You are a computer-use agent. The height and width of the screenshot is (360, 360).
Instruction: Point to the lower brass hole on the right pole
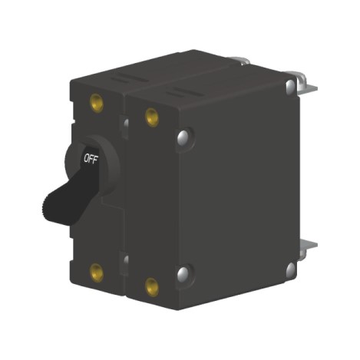point(151,287)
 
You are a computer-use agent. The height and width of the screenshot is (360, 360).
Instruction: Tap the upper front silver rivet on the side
point(183,137)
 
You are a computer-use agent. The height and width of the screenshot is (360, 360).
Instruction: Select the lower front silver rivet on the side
point(183,273)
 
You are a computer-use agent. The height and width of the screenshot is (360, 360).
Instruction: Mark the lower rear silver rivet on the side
point(291,269)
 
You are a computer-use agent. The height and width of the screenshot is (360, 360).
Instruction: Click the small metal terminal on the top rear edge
point(241,60)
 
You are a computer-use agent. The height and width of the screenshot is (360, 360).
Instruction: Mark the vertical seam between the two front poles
point(126,192)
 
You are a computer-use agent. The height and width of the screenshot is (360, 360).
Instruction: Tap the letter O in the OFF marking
point(86,160)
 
